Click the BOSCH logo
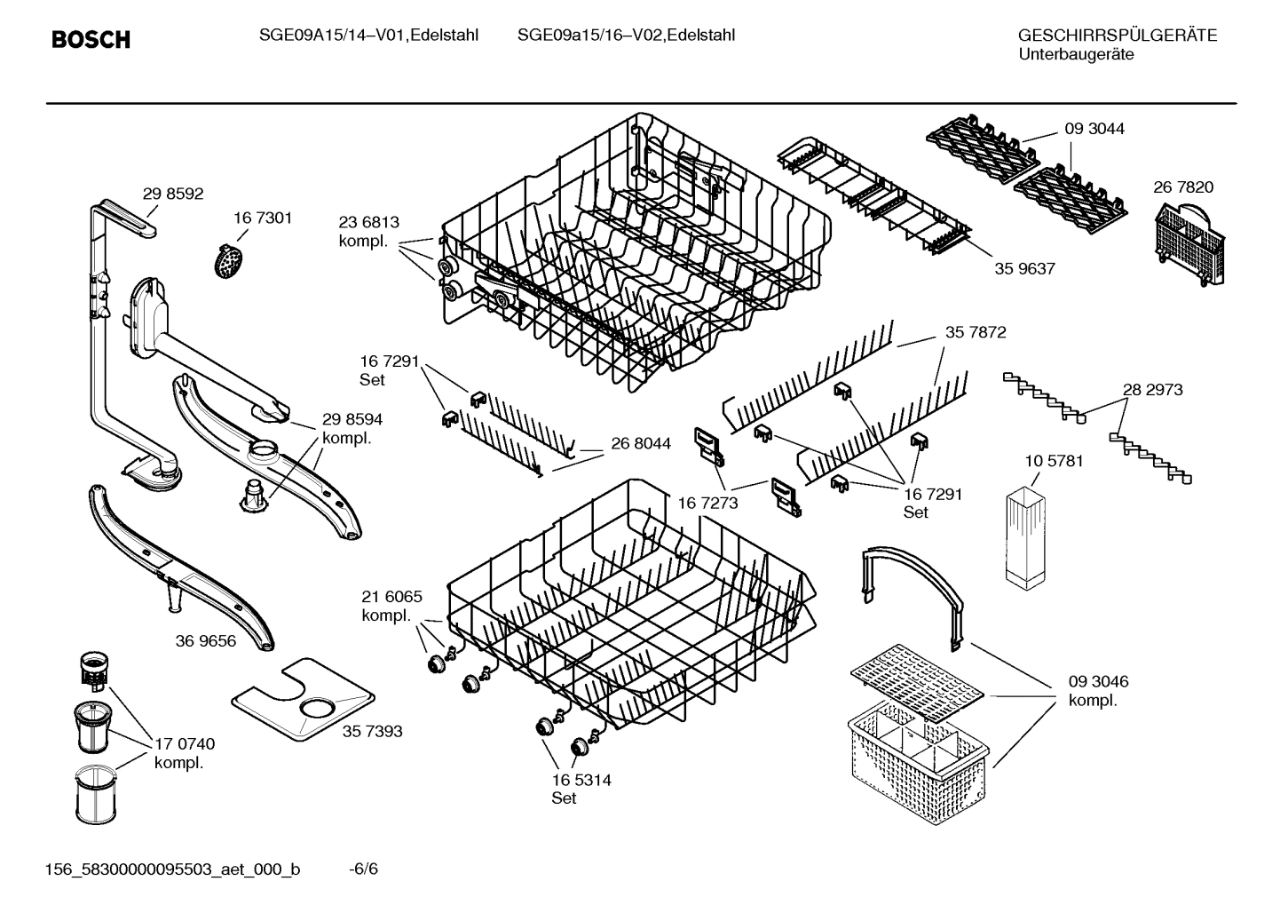[91, 40]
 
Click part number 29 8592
[173, 194]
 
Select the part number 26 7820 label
[1182, 187]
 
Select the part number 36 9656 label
[206, 640]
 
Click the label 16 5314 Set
[581, 789]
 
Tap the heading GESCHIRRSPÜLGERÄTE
[1117, 36]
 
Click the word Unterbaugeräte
[1075, 54]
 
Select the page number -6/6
[363, 868]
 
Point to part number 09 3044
[1094, 129]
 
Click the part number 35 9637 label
[1024, 268]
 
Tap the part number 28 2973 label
[1152, 389]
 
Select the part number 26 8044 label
[640, 443]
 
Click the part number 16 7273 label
[708, 504]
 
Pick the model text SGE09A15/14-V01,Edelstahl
[368, 36]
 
